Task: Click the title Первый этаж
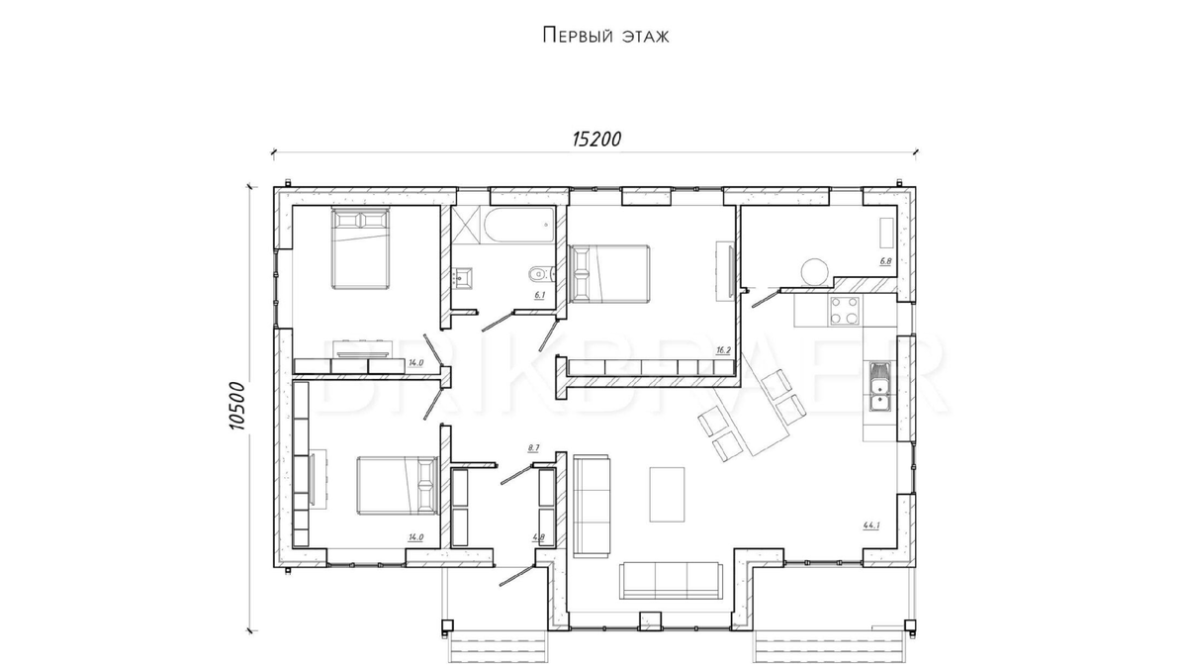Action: point(605,37)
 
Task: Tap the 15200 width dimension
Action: point(595,139)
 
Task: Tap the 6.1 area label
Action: point(539,295)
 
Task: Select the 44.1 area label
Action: point(871,525)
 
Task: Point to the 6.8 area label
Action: point(885,261)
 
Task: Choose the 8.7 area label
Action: point(533,448)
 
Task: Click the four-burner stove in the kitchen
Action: point(844,311)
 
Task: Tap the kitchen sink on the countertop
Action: point(879,386)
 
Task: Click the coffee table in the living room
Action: point(666,493)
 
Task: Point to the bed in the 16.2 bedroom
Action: point(610,274)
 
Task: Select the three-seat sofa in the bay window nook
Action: point(670,580)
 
